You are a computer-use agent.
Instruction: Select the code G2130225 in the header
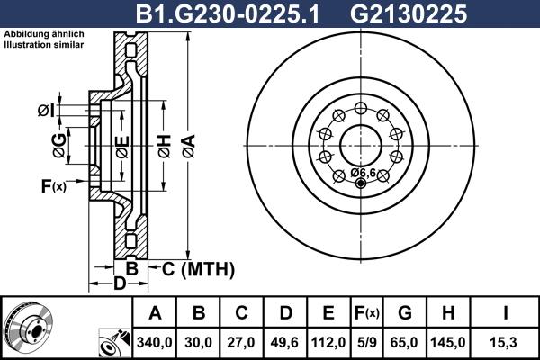(395, 13)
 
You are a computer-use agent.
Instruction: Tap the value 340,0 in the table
(155, 343)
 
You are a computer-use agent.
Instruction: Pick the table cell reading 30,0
(199, 343)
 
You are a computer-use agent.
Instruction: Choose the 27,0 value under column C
(242, 343)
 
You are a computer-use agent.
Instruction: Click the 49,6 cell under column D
(285, 343)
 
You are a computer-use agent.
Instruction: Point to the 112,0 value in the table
(328, 343)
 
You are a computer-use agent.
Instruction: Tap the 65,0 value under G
(406, 343)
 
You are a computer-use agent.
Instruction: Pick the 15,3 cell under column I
(506, 343)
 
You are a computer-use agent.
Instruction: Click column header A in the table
(155, 314)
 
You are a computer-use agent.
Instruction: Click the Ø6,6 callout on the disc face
(364, 172)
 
